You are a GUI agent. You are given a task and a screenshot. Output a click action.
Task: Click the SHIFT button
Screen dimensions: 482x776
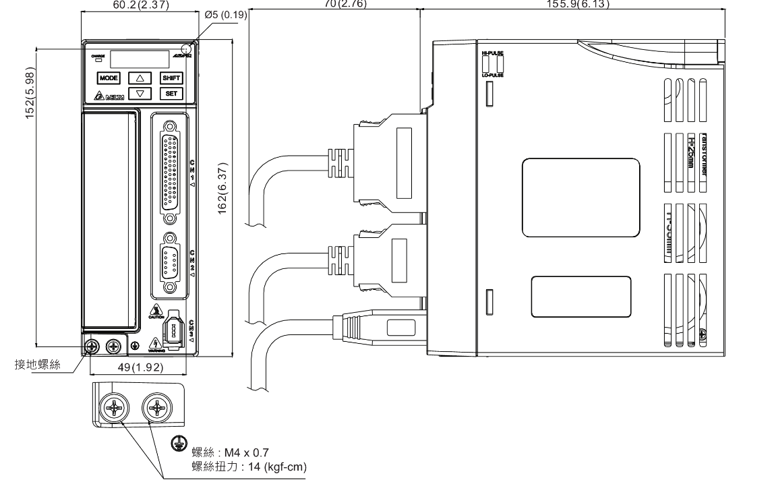(171, 78)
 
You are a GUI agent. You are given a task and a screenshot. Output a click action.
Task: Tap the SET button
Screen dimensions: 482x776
(171, 94)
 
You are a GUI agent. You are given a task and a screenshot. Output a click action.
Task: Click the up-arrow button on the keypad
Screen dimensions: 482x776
(140, 78)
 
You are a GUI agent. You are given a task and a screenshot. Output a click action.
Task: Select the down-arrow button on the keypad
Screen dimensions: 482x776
(140, 94)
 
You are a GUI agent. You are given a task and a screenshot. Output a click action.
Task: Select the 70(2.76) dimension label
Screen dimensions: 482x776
(345, 4)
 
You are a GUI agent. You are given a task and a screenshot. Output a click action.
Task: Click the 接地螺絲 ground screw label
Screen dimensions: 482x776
(38, 365)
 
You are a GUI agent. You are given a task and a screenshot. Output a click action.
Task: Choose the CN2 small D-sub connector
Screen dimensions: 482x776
(171, 263)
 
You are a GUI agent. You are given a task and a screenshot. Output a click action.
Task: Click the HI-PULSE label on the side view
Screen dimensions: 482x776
(492, 53)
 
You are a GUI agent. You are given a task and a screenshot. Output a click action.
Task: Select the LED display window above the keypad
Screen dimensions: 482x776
(140, 59)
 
